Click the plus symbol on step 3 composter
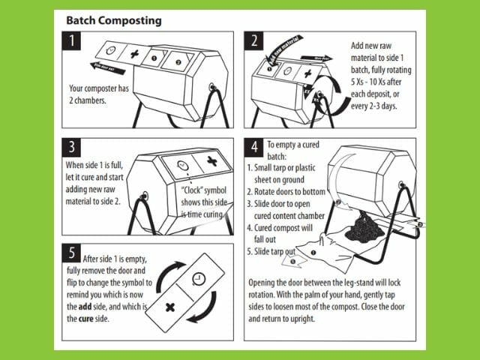click(212, 161)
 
